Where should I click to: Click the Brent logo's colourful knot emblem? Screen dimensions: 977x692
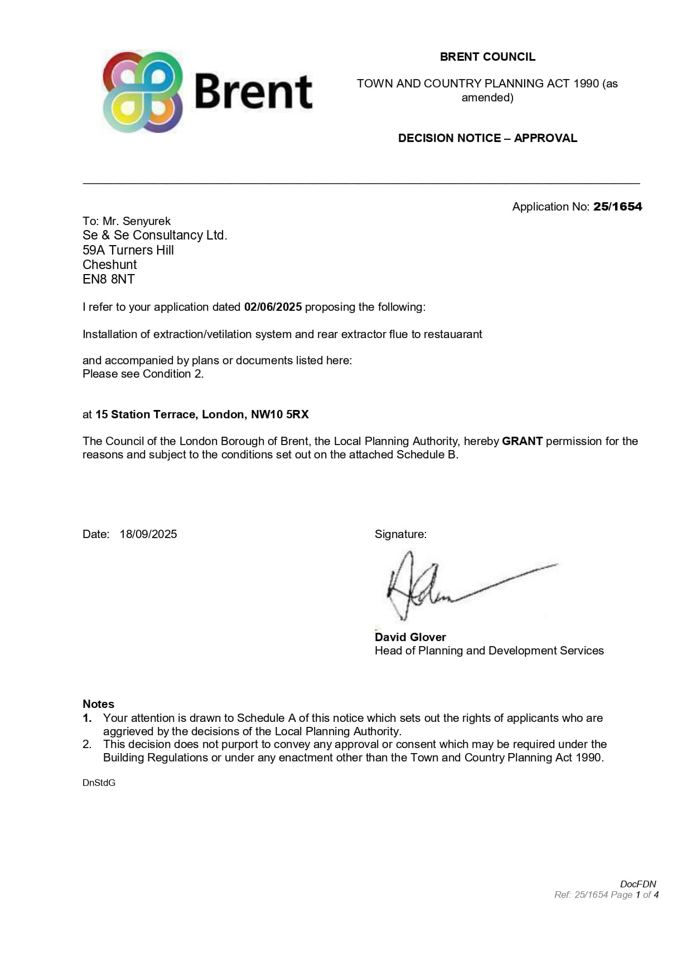(x=143, y=92)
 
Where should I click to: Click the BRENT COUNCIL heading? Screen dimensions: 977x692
(x=487, y=57)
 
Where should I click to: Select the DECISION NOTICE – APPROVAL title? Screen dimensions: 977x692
(x=487, y=138)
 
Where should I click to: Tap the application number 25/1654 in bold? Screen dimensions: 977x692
(x=617, y=207)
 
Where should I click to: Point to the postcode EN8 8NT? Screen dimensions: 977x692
(x=109, y=279)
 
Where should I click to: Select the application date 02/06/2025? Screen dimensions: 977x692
(x=273, y=307)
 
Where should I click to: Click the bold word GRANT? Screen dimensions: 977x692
(x=522, y=441)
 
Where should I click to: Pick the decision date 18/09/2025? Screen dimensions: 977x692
(x=148, y=534)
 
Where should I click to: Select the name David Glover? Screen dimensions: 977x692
(x=410, y=637)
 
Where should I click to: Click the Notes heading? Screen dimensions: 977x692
(x=98, y=704)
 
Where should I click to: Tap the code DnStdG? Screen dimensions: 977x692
(x=99, y=783)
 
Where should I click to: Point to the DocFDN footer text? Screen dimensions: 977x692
(x=638, y=884)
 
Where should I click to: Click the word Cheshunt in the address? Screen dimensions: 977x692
(x=110, y=265)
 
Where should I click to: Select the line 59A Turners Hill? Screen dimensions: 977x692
(x=128, y=250)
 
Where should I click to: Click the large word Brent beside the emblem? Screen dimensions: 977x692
(x=253, y=92)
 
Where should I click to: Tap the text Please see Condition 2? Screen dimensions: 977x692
(x=143, y=374)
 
